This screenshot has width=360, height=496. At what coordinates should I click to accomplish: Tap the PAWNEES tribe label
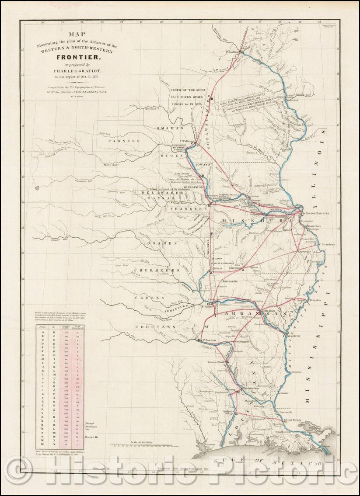125,141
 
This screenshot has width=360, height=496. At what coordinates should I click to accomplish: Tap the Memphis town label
315,300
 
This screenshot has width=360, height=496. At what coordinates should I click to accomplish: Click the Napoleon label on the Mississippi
294,335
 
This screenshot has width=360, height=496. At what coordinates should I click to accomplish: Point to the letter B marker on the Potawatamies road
211,99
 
